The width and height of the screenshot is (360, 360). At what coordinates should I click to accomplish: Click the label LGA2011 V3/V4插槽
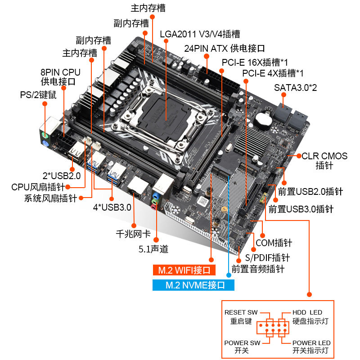click(200, 34)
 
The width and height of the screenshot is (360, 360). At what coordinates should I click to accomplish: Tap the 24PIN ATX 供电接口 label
click(224, 49)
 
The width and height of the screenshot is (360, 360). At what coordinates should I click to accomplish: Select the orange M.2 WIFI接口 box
click(184, 270)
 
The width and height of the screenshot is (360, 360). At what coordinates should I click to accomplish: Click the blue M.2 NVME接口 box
click(193, 285)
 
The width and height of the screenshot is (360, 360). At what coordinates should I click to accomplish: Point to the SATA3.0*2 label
click(295, 88)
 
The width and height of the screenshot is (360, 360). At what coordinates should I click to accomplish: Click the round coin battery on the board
click(264, 120)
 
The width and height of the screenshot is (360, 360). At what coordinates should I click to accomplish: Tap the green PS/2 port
click(45, 135)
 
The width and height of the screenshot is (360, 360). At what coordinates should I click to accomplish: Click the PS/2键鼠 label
click(38, 95)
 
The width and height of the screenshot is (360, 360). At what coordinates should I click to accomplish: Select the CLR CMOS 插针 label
click(324, 161)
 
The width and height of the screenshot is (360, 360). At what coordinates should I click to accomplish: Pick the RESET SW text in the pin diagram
click(241, 312)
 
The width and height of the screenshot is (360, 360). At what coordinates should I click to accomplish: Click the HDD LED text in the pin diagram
click(307, 312)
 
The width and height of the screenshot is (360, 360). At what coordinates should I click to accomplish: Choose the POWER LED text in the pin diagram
click(311, 343)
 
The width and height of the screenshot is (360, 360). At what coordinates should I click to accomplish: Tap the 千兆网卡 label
click(133, 234)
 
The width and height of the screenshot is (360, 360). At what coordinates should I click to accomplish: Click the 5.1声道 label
click(153, 249)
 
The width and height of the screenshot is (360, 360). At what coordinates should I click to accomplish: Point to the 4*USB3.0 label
click(112, 207)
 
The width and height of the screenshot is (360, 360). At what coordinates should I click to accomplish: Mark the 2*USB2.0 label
click(62, 176)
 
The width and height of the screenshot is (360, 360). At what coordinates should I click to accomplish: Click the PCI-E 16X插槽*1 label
click(255, 63)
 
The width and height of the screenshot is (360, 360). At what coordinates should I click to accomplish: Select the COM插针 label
click(274, 243)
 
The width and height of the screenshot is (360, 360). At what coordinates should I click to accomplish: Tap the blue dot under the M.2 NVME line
click(229, 275)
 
